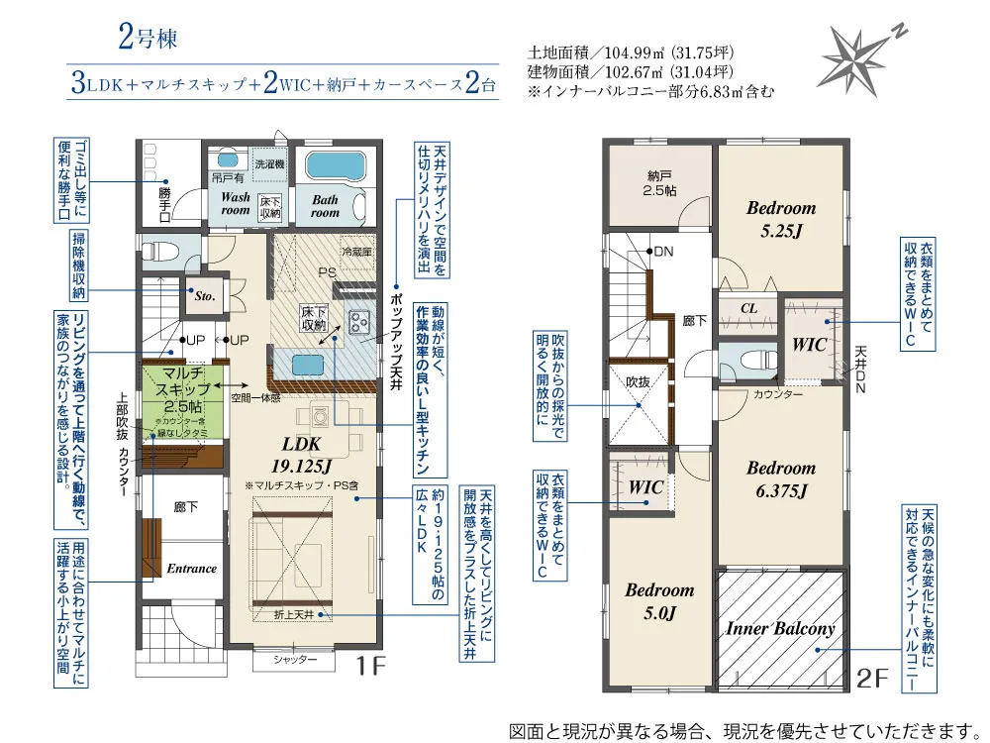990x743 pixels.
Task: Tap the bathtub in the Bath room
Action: [335, 165]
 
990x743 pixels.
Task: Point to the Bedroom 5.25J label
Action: [781, 219]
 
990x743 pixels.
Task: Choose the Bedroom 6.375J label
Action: [781, 478]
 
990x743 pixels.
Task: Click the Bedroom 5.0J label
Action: [659, 601]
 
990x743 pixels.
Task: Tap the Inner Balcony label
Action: [780, 628]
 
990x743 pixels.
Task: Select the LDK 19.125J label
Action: [301, 455]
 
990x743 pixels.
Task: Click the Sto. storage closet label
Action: [205, 295]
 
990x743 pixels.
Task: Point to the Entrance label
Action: [191, 568]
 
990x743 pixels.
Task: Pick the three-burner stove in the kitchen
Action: [359, 322]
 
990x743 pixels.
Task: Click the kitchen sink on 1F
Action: [308, 366]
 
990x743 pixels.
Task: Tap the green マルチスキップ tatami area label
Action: [182, 389]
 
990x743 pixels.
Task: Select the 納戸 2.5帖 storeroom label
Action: [659, 182]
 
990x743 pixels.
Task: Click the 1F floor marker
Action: [369, 665]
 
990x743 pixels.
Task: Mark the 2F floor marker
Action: [872, 678]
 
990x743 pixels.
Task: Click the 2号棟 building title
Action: [148, 37]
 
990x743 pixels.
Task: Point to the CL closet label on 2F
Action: [748, 308]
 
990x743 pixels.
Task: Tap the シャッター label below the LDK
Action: [295, 660]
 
